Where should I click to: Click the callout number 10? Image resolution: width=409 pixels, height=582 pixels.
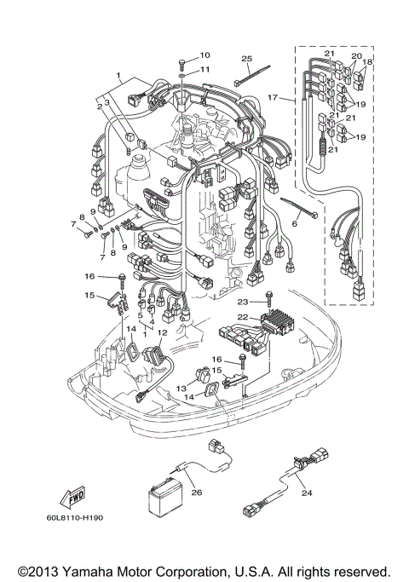204,55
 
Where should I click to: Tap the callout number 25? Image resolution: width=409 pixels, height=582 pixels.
246,58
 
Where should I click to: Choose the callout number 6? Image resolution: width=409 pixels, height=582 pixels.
296,222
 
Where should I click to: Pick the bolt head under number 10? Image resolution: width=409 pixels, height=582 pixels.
183,62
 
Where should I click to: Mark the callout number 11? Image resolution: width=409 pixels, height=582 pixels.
204,69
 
